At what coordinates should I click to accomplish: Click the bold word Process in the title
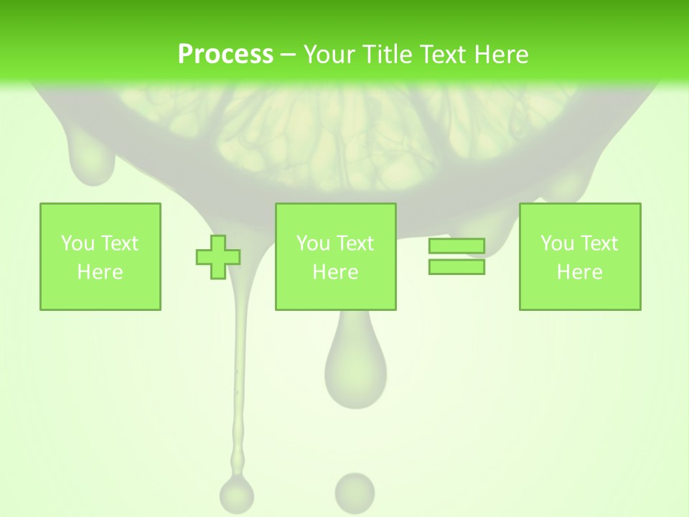225,55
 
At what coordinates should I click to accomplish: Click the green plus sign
218,256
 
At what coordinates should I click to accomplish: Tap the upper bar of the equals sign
456,246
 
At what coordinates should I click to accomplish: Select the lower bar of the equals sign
456,267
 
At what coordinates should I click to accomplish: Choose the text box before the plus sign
100,256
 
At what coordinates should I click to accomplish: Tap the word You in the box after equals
557,243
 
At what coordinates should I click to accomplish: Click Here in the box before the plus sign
100,272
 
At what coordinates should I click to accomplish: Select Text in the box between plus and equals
355,243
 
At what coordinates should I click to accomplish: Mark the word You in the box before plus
78,243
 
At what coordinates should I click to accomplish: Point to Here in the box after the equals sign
580,272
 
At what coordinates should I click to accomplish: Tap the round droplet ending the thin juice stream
236,493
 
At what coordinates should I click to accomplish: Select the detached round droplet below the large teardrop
355,492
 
